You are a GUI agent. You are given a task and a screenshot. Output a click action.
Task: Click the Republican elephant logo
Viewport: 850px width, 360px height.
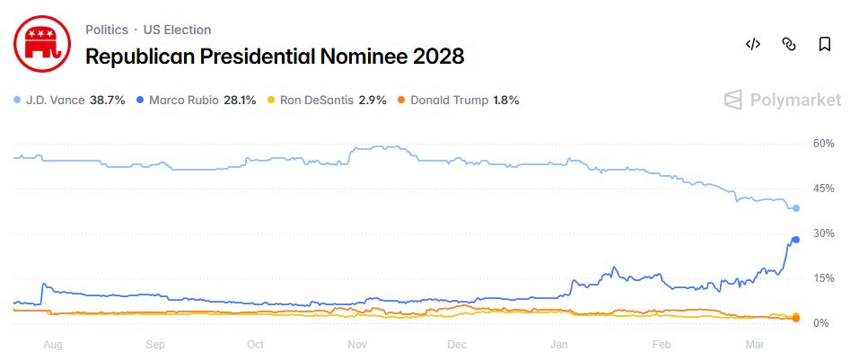[41, 43]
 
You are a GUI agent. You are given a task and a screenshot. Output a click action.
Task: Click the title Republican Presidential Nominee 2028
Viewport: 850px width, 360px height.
[275, 57]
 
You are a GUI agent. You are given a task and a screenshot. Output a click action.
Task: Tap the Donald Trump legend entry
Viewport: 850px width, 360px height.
[458, 101]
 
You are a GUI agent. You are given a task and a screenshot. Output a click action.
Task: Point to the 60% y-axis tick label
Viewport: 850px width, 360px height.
[823, 144]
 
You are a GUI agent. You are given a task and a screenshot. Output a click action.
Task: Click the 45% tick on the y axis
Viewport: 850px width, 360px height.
[823, 189]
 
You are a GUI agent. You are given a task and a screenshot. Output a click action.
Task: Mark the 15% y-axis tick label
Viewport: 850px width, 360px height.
[823, 278]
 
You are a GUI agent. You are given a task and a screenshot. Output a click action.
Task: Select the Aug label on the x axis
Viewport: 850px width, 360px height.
[53, 345]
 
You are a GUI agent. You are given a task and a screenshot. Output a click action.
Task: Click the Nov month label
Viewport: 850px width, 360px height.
[357, 345]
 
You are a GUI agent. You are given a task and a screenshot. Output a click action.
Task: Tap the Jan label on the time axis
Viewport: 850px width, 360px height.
[561, 345]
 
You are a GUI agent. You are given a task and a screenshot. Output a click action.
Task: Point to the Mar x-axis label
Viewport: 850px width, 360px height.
[762, 345]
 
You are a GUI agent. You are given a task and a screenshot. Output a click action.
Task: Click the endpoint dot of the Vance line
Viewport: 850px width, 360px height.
[795, 208]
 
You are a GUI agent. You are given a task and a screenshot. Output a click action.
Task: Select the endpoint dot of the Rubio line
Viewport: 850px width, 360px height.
[795, 240]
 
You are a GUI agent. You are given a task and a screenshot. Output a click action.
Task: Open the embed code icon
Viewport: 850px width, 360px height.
[753, 44]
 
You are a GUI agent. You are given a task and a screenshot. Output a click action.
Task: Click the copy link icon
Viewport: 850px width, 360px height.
[789, 44]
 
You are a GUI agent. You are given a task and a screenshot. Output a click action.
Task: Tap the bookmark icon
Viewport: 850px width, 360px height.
[824, 44]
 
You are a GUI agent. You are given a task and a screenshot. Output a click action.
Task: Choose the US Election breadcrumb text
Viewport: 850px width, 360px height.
[177, 30]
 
